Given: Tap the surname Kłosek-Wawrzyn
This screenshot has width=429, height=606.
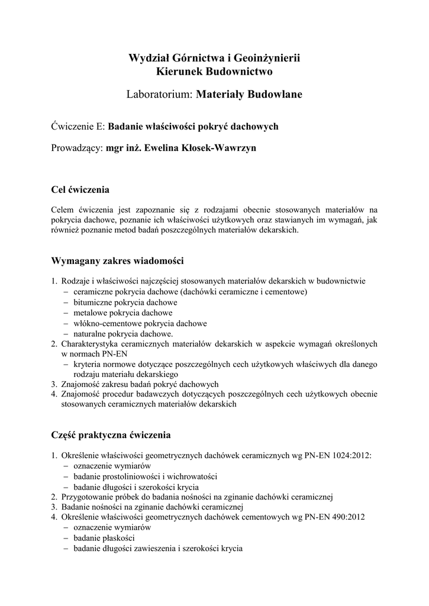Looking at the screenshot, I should [219, 148].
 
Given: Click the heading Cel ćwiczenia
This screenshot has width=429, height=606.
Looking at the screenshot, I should [80, 190].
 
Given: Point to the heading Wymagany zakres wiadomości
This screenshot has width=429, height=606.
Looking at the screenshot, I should [118, 260].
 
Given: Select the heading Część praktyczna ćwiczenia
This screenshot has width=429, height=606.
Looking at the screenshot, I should [111, 435].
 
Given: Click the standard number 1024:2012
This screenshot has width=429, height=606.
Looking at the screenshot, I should [350, 455].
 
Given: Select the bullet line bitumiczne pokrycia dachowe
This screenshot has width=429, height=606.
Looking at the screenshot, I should [125, 302].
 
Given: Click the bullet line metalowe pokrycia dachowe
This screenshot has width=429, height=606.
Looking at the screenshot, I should [122, 313].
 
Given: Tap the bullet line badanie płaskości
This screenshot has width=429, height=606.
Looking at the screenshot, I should [104, 538].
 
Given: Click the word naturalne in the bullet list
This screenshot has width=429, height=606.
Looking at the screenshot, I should [91, 334].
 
